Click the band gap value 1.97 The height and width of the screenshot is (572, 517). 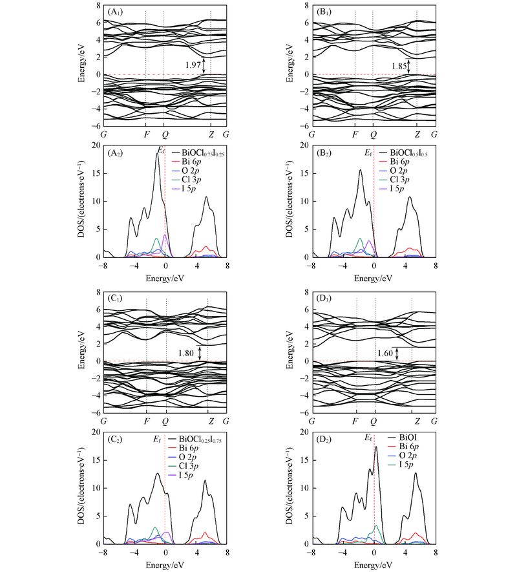click(x=193, y=65)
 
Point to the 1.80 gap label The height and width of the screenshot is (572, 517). click(x=187, y=353)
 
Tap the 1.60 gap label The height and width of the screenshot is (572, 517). click(x=386, y=353)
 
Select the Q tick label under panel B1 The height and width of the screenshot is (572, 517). click(x=373, y=134)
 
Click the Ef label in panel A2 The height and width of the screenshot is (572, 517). click(x=162, y=151)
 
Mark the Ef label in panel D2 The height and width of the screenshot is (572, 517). click(x=369, y=438)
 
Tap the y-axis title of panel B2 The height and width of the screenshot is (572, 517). click(x=293, y=201)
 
